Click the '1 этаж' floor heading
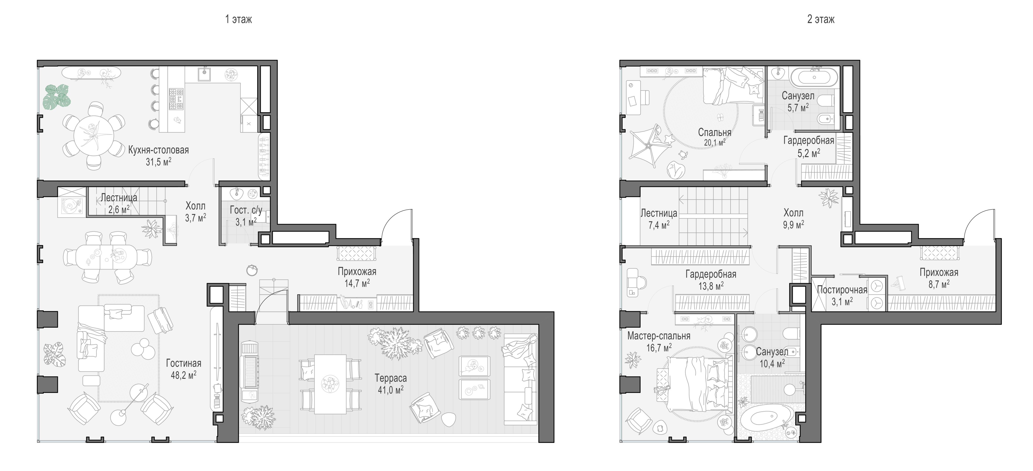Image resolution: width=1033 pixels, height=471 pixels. [239, 19]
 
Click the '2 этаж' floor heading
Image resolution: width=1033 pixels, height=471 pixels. [821, 19]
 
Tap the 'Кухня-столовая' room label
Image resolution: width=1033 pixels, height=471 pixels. [158, 150]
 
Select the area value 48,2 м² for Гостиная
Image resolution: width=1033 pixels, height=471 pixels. [183, 375]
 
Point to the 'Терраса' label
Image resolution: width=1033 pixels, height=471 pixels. [390, 378]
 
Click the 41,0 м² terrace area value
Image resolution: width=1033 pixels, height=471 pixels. [390, 390]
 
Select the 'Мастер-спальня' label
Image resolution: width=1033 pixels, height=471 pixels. [659, 336]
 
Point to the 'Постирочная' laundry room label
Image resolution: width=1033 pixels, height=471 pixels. [842, 290]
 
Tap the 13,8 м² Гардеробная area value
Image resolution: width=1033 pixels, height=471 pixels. [711, 286]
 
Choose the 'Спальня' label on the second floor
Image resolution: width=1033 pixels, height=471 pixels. [715, 132]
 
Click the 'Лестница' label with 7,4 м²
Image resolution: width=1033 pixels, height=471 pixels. [659, 213]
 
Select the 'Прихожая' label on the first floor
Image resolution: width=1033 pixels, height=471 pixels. [357, 272]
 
